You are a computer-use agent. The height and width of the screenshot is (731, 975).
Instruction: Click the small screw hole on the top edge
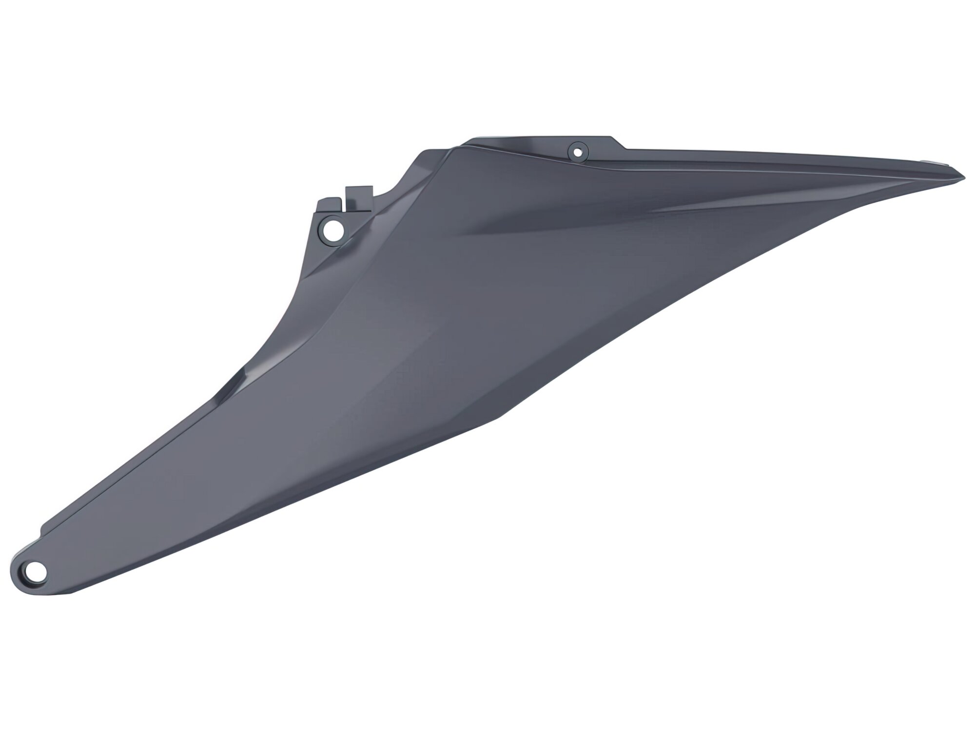pyautogui.click(x=578, y=152)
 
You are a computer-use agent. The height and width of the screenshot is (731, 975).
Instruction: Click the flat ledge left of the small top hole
pyautogui.click(x=512, y=144)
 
